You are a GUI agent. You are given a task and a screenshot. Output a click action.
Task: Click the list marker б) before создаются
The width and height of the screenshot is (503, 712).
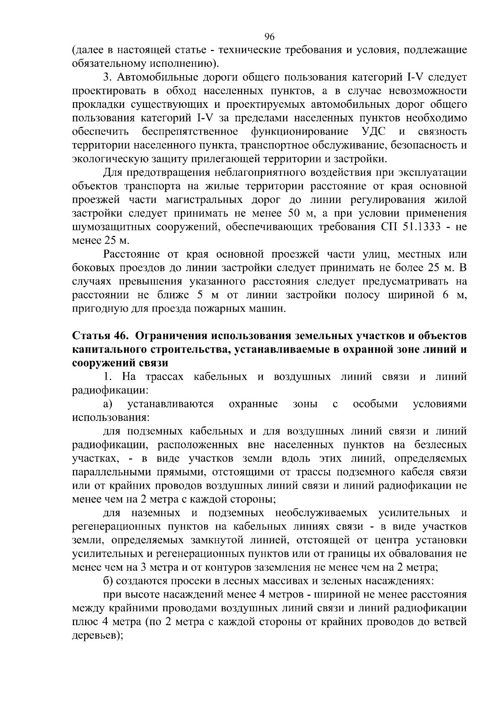point(108,581)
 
